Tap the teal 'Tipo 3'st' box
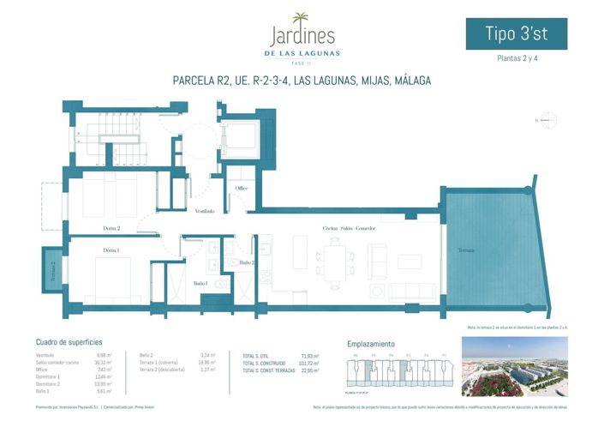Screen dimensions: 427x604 [x=515, y=33]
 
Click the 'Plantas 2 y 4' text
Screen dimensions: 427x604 [x=516, y=59]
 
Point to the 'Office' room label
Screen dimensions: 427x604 [x=242, y=189]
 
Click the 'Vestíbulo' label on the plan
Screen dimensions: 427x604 [x=204, y=210]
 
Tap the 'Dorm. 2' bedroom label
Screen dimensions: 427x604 [x=111, y=229]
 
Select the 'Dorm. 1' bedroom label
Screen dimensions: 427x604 [x=111, y=250]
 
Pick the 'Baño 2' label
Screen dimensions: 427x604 [x=247, y=262]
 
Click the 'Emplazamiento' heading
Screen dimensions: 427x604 [x=370, y=343]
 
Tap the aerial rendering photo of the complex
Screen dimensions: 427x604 [x=513, y=366]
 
